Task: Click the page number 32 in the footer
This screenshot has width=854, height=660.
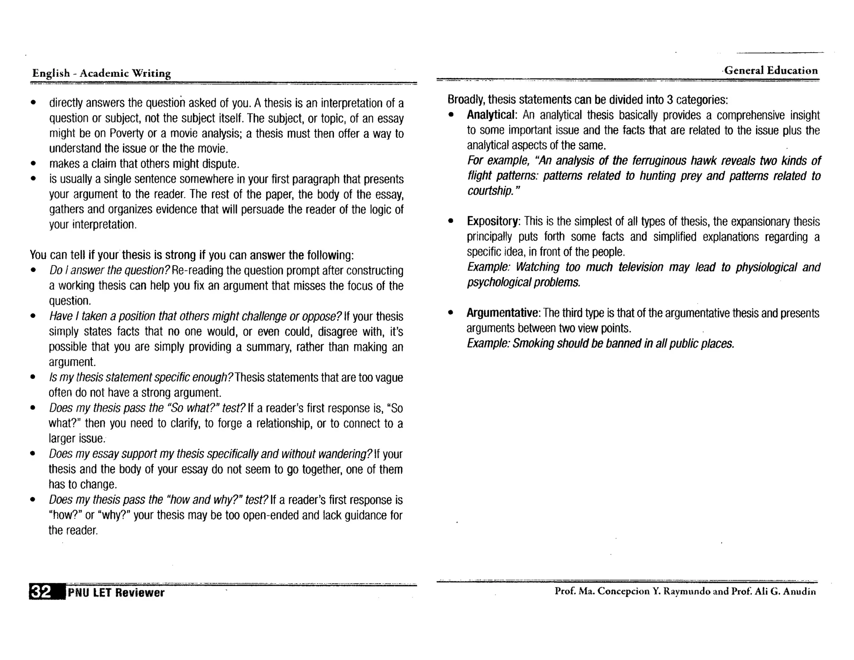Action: [40, 592]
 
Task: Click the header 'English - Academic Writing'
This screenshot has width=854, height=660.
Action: [101, 73]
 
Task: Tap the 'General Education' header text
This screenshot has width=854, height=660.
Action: [771, 71]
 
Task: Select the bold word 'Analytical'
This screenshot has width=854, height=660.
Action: [491, 115]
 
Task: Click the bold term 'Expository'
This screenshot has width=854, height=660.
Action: [492, 221]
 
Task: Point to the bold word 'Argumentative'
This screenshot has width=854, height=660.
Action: [503, 313]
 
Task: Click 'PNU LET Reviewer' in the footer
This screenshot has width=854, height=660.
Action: [116, 593]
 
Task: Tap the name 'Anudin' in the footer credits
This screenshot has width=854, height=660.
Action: [799, 591]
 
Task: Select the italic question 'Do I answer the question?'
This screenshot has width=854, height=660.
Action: [110, 270]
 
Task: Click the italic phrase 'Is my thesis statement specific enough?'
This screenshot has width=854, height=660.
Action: [141, 378]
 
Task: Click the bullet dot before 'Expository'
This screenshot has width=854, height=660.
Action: [450, 222]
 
